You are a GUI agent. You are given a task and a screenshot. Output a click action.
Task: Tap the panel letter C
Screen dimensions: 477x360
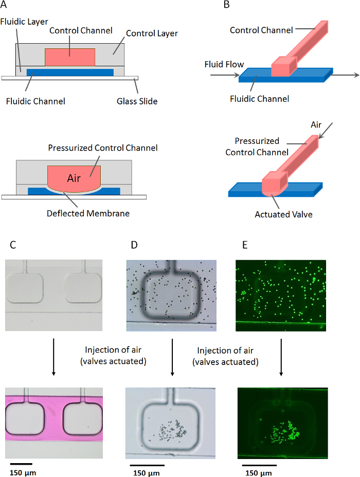point(7,245)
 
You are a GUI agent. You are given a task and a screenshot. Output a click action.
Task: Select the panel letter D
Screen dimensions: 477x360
point(135,245)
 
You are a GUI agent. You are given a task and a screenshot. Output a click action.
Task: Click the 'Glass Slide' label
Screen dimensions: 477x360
point(136,101)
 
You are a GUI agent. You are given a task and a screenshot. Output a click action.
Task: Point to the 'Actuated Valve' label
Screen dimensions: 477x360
point(283,214)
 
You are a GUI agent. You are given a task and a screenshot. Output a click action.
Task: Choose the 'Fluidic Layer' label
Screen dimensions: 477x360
point(25,22)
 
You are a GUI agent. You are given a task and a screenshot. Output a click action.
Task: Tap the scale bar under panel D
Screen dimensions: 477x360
point(147,464)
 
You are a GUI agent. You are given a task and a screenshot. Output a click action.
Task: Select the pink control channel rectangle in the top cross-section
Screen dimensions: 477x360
point(70,57)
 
